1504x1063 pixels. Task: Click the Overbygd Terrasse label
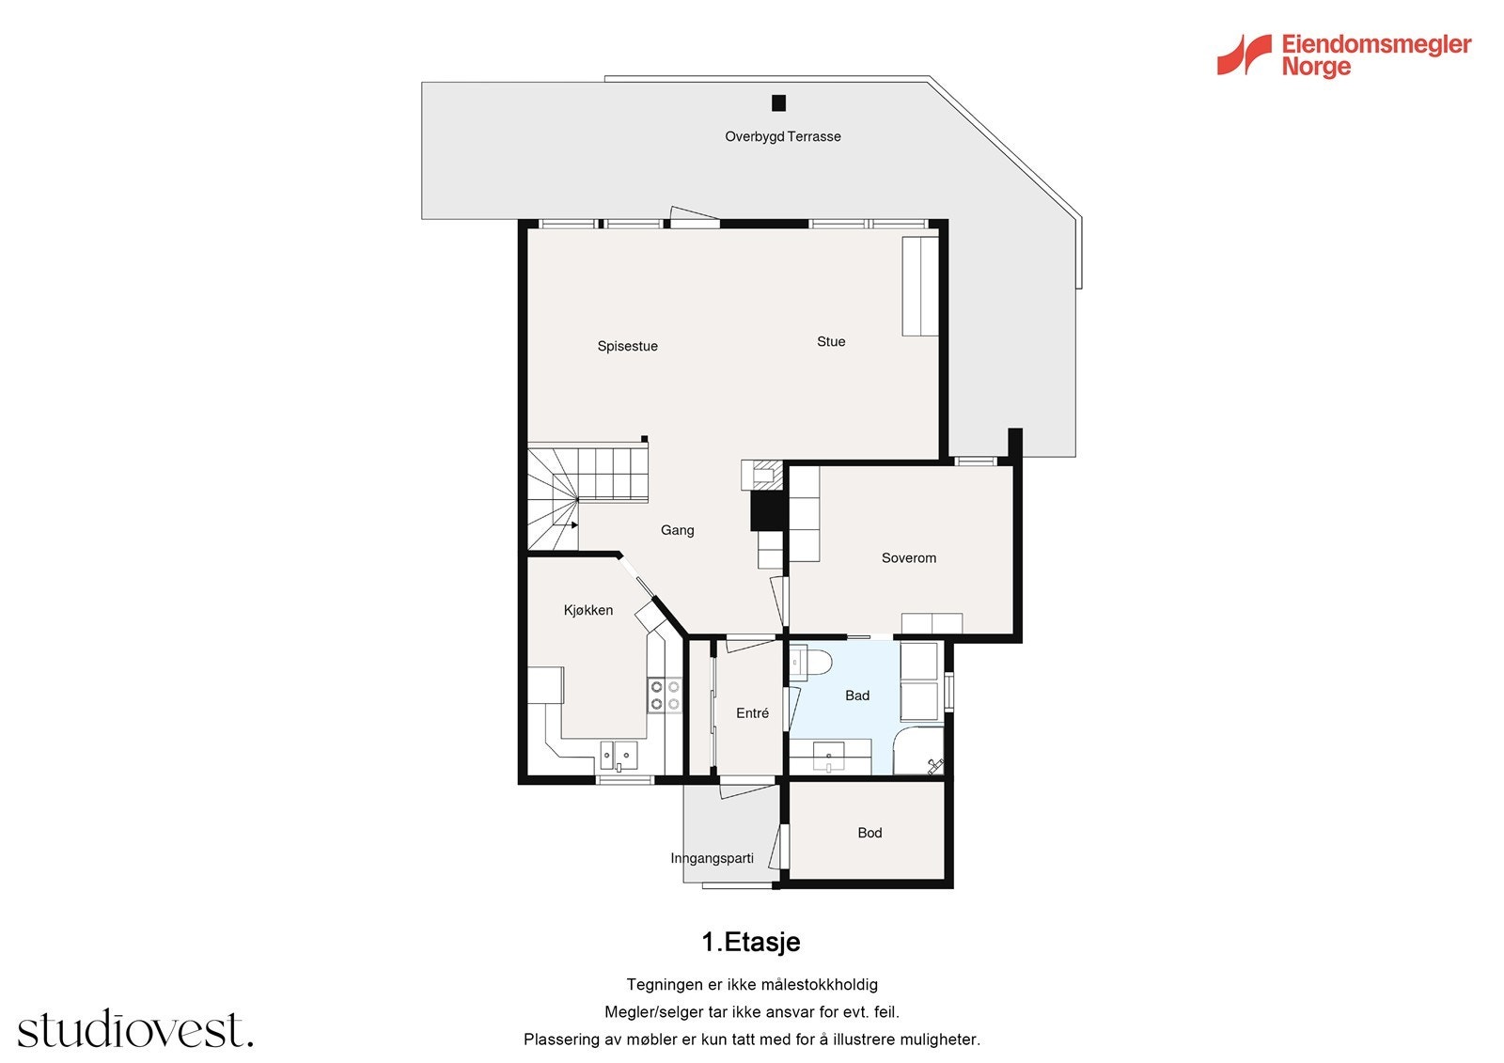pyautogui.click(x=782, y=136)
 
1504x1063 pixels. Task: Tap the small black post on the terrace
pyautogui.click(x=778, y=103)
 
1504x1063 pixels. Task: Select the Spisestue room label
pyautogui.click(x=627, y=346)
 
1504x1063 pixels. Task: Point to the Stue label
pyautogui.click(x=831, y=341)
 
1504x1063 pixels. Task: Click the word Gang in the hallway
pyautogui.click(x=677, y=530)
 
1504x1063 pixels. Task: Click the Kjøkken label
pyautogui.click(x=588, y=610)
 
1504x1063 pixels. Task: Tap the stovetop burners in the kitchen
pyautogui.click(x=665, y=696)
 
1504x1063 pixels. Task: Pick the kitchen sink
pyautogui.click(x=619, y=754)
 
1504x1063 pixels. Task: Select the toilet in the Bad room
pyautogui.click(x=810, y=663)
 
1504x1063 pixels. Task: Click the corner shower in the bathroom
pyautogui.click(x=919, y=751)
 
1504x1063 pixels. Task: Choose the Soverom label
pyautogui.click(x=908, y=557)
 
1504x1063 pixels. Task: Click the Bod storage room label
pyautogui.click(x=869, y=833)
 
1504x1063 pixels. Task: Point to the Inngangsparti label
pyautogui.click(x=712, y=858)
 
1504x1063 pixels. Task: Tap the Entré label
pyautogui.click(x=752, y=713)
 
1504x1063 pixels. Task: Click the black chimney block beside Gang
pyautogui.click(x=767, y=511)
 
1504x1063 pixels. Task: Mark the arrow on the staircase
pyautogui.click(x=574, y=525)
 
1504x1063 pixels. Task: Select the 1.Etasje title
pyautogui.click(x=750, y=942)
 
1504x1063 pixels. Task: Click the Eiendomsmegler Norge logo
pyautogui.click(x=1344, y=55)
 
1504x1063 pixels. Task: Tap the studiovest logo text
pyautogui.click(x=135, y=1030)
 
